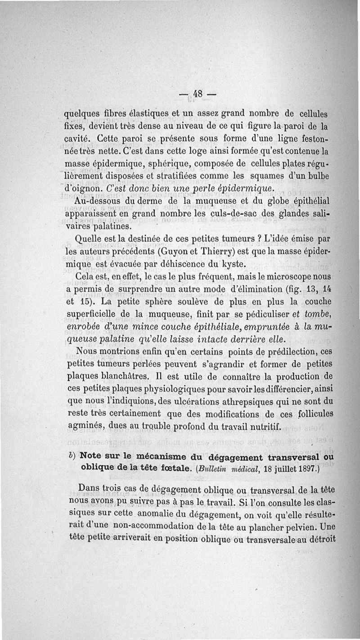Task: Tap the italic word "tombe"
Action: tap(318, 313)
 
